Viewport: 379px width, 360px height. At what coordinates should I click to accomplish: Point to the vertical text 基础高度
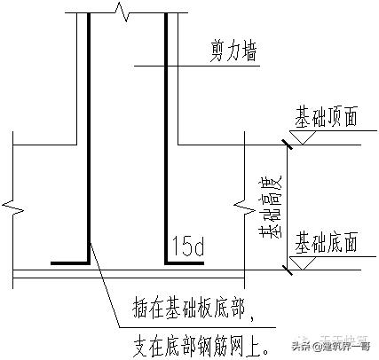tap(266, 206)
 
